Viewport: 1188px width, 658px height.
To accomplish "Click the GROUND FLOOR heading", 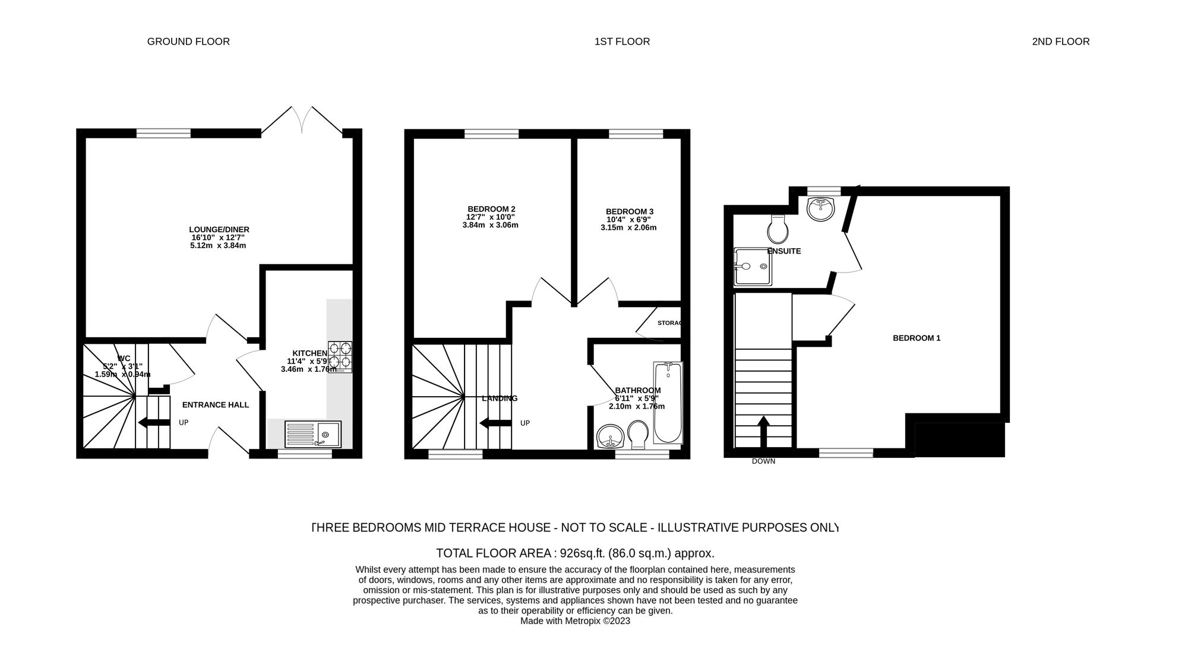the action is [x=188, y=42].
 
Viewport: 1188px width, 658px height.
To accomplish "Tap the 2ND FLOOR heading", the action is [x=1060, y=42].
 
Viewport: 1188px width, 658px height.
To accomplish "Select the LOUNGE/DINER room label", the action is [x=219, y=230].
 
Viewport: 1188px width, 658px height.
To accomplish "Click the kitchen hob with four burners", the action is [x=340, y=356].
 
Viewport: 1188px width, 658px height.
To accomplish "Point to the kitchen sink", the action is [x=313, y=434].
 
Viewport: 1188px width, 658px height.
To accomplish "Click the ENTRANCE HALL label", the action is [x=216, y=405].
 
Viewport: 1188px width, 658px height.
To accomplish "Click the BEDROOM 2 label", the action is [x=491, y=209].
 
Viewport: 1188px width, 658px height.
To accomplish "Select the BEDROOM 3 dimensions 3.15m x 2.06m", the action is [x=628, y=227].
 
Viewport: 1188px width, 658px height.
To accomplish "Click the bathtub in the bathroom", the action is [x=668, y=403].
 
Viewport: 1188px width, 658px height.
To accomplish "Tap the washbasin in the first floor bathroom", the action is [x=610, y=436].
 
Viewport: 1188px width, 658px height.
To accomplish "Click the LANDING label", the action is [x=500, y=398].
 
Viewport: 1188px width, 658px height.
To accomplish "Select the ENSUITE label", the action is [x=784, y=251].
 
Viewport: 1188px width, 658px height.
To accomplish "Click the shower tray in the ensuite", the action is [x=753, y=267].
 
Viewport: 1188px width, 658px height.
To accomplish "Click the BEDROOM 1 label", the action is [x=917, y=339].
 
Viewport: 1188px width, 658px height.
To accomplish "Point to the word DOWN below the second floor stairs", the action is [x=763, y=461].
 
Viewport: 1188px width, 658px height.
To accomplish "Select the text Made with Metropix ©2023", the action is [x=575, y=621].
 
